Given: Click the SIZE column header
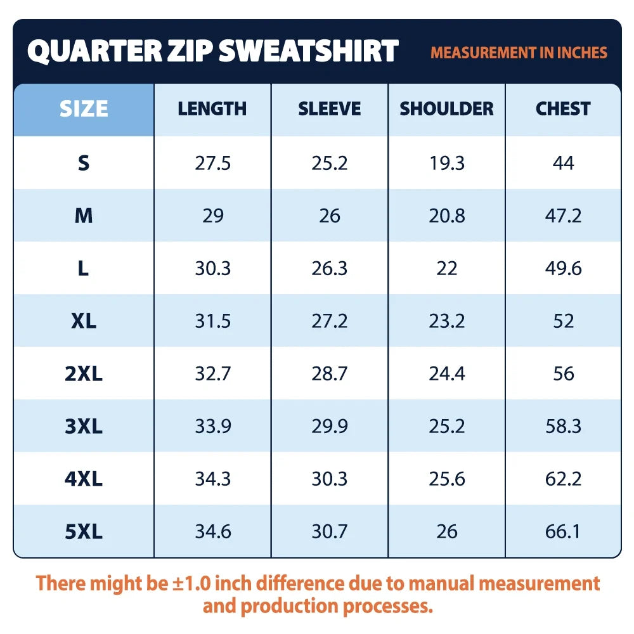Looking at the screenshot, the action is click(84, 109).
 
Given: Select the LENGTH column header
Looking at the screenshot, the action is click(212, 109).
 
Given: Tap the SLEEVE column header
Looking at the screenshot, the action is click(330, 109).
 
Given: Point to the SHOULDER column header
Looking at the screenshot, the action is click(447, 109).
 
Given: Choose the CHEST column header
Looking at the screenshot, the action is click(563, 109).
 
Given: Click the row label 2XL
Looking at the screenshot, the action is click(84, 373).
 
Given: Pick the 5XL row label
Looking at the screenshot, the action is click(84, 531).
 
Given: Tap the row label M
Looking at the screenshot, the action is click(84, 216).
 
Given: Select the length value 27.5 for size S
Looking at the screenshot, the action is click(212, 164).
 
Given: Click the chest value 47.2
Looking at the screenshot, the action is click(563, 216).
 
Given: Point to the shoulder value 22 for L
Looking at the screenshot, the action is click(447, 268).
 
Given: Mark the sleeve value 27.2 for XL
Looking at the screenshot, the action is click(330, 321).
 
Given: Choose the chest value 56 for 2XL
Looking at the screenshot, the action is click(564, 373).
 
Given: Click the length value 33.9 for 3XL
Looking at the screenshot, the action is click(213, 426).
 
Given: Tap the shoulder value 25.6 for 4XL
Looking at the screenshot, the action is click(447, 479).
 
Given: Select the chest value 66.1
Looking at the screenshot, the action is click(562, 532).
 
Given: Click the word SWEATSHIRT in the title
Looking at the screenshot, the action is click(309, 51).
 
